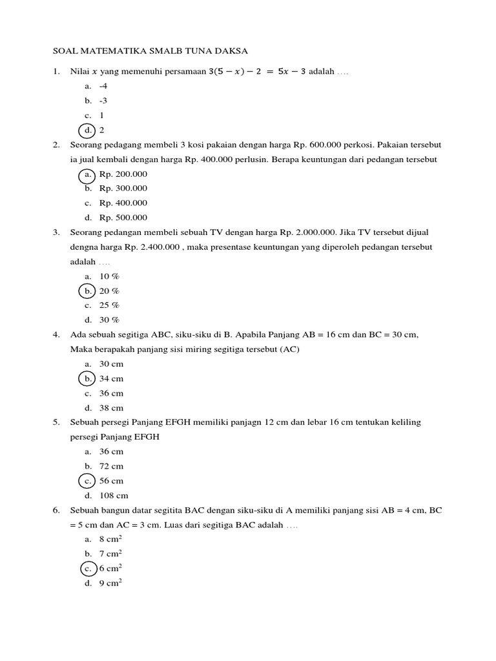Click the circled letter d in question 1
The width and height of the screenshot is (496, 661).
coord(87,130)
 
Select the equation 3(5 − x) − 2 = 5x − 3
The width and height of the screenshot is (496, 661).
coord(257,71)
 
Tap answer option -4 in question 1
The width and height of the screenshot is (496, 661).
coord(103,86)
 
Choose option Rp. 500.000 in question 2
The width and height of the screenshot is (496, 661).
coord(123,218)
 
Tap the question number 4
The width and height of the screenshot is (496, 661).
coord(56,335)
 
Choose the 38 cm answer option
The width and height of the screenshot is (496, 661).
coord(111,408)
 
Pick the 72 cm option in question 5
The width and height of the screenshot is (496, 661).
coord(111,466)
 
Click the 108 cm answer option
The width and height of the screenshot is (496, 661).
coord(114,496)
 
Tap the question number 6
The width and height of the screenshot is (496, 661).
coord(56,511)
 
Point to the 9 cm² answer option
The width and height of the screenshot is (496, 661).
coord(110,583)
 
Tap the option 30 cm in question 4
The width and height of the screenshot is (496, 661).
coord(111,364)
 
